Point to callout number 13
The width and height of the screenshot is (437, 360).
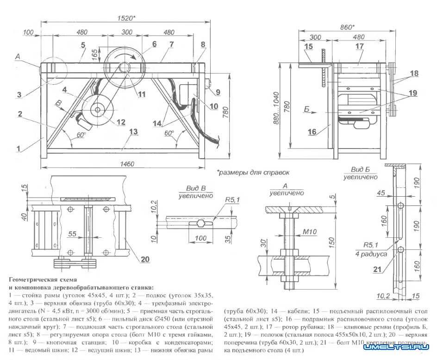tap(134, 132)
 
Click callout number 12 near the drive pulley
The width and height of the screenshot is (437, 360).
tap(121, 123)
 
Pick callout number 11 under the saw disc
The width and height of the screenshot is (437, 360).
tap(142, 94)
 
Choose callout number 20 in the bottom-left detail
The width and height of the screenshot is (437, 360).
tap(145, 259)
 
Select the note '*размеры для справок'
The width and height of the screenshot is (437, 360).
tap(253, 172)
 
